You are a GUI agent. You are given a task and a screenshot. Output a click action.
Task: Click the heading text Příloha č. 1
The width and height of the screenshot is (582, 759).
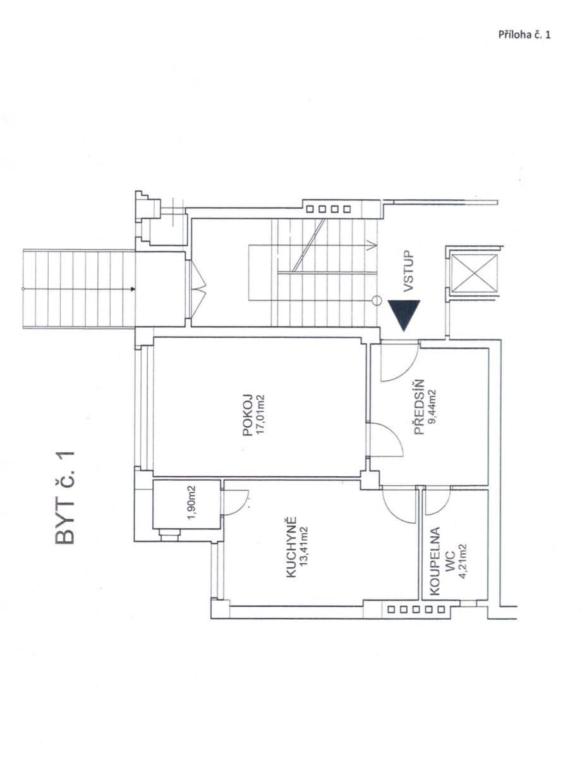[x=524, y=35]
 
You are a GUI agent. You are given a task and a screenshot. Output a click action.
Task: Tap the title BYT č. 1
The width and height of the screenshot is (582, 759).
[x=66, y=497]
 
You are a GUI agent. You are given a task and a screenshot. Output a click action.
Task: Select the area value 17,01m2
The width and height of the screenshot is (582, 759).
[x=259, y=416]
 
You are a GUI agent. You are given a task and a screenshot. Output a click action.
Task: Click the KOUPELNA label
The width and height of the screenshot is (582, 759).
[x=434, y=560]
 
